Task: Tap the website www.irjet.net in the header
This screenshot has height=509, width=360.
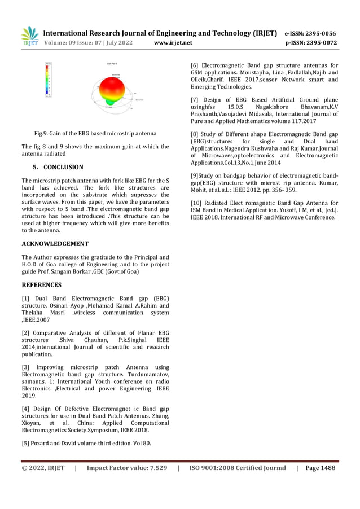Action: (x=173, y=42)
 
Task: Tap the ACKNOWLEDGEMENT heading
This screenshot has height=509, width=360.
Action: (x=55, y=244)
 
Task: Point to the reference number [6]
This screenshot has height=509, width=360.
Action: (x=195, y=65)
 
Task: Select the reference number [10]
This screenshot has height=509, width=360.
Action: (x=196, y=203)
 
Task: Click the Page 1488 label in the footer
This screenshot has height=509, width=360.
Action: (x=321, y=468)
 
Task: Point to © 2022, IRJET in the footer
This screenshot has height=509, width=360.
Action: (x=43, y=468)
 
